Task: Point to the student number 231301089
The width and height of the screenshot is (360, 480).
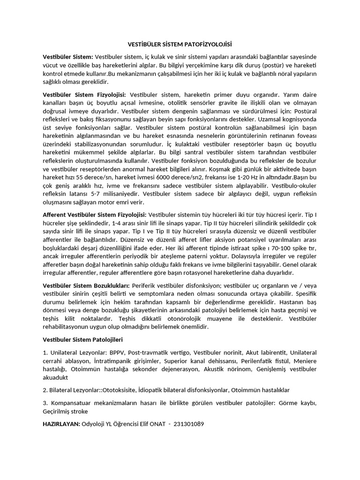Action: point(189,424)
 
